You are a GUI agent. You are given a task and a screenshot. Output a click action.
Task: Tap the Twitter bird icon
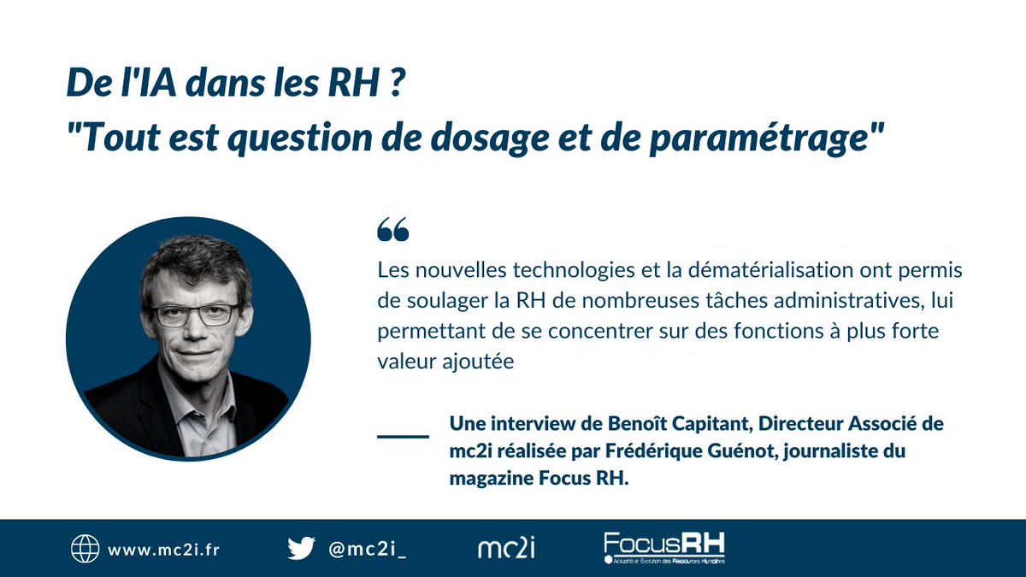(301, 548)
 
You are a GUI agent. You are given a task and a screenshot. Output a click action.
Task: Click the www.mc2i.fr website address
(163, 549)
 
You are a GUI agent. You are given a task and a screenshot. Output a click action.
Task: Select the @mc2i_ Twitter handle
(368, 549)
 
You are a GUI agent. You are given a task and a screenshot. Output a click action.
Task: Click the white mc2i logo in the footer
(506, 548)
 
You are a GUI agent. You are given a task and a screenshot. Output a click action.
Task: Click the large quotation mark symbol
(392, 229)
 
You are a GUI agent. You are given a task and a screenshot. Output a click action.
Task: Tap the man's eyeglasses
(197, 314)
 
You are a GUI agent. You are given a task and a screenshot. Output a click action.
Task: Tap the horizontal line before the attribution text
(403, 436)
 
